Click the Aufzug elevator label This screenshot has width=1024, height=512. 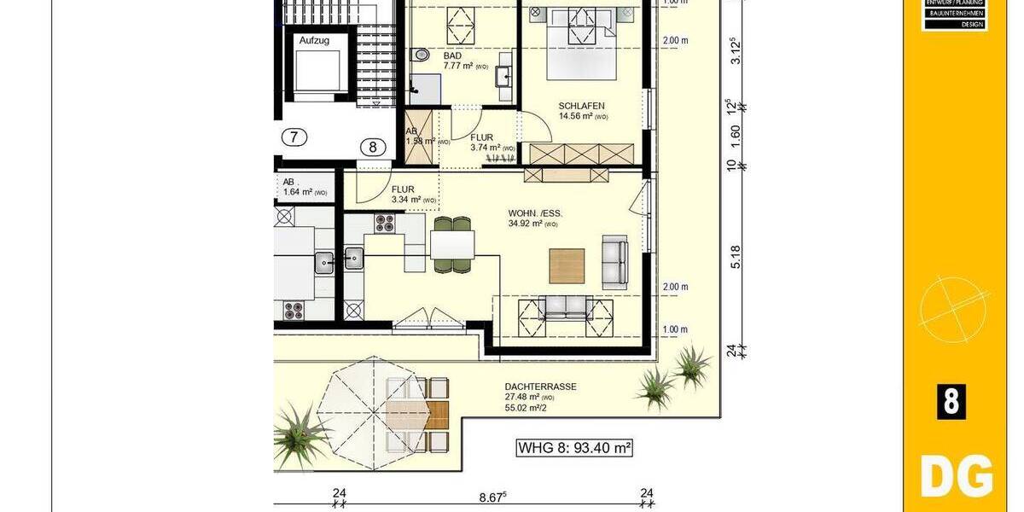(313, 40)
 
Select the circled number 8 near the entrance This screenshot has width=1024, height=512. (372, 147)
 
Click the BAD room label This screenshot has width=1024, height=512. (452, 55)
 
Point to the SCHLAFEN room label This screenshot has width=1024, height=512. (582, 106)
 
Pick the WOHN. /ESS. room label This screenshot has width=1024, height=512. (535, 213)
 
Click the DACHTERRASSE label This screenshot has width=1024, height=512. (540, 387)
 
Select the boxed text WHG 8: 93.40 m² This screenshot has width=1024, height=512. (574, 447)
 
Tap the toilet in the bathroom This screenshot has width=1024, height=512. (419, 55)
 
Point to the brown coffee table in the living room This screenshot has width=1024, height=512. (567, 265)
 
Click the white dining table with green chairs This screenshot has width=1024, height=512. (451, 245)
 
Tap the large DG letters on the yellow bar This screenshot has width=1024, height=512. (956, 476)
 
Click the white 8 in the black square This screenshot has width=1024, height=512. (951, 401)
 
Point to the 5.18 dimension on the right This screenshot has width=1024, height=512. (735, 256)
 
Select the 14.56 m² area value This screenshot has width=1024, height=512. (578, 116)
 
